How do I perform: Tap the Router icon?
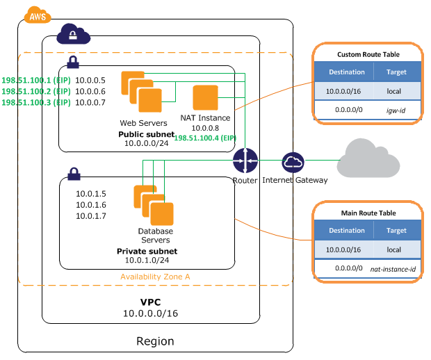[245, 161]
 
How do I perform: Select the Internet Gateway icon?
[293, 162]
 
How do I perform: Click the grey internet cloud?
[368, 159]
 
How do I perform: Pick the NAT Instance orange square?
[206, 98]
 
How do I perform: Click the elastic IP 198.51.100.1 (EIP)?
[36, 80]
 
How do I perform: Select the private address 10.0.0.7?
[90, 102]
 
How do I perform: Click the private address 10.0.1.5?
[90, 194]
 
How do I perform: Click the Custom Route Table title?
[368, 54]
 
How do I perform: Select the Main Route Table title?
[368, 212]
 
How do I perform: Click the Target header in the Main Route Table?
[396, 230]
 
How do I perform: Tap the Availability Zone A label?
[154, 276]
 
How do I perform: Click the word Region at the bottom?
[154, 341]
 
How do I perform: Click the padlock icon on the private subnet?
[73, 172]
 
